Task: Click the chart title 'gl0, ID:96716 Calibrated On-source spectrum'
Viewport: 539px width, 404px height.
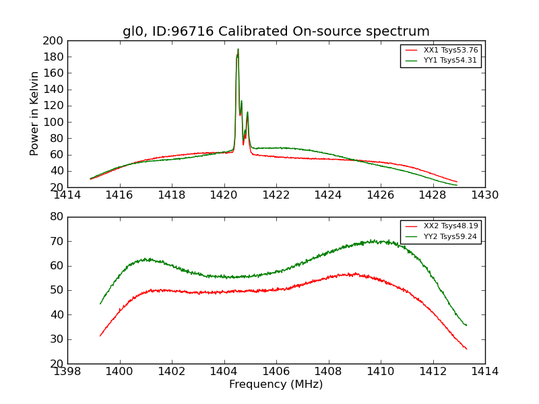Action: coord(276,32)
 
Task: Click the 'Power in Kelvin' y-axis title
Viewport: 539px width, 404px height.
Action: coord(35,114)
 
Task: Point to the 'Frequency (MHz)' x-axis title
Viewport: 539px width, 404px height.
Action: coord(276,384)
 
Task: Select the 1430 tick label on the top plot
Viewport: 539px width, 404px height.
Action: coord(484,195)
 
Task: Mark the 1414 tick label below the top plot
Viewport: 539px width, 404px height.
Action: coord(67,195)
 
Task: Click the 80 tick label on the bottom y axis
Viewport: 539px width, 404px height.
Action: coord(56,217)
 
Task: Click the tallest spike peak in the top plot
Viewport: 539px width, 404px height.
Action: coord(238,49)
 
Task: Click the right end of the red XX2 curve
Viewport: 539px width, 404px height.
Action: coord(466,349)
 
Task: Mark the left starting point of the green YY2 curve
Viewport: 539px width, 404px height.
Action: coord(100,304)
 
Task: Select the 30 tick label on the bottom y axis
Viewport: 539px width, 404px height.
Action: coord(56,339)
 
